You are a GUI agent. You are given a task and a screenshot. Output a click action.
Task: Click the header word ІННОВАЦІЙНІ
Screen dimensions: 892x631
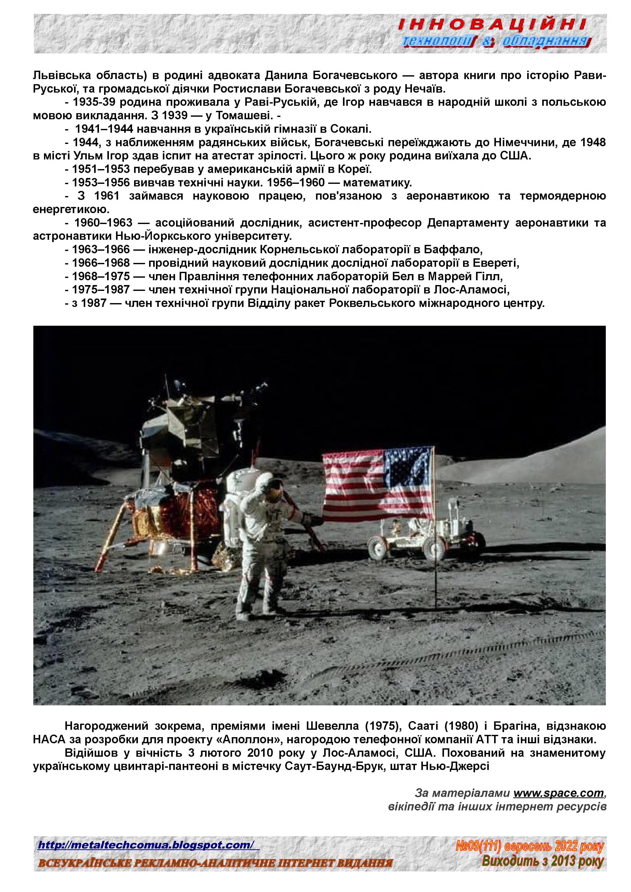click(x=492, y=25)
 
